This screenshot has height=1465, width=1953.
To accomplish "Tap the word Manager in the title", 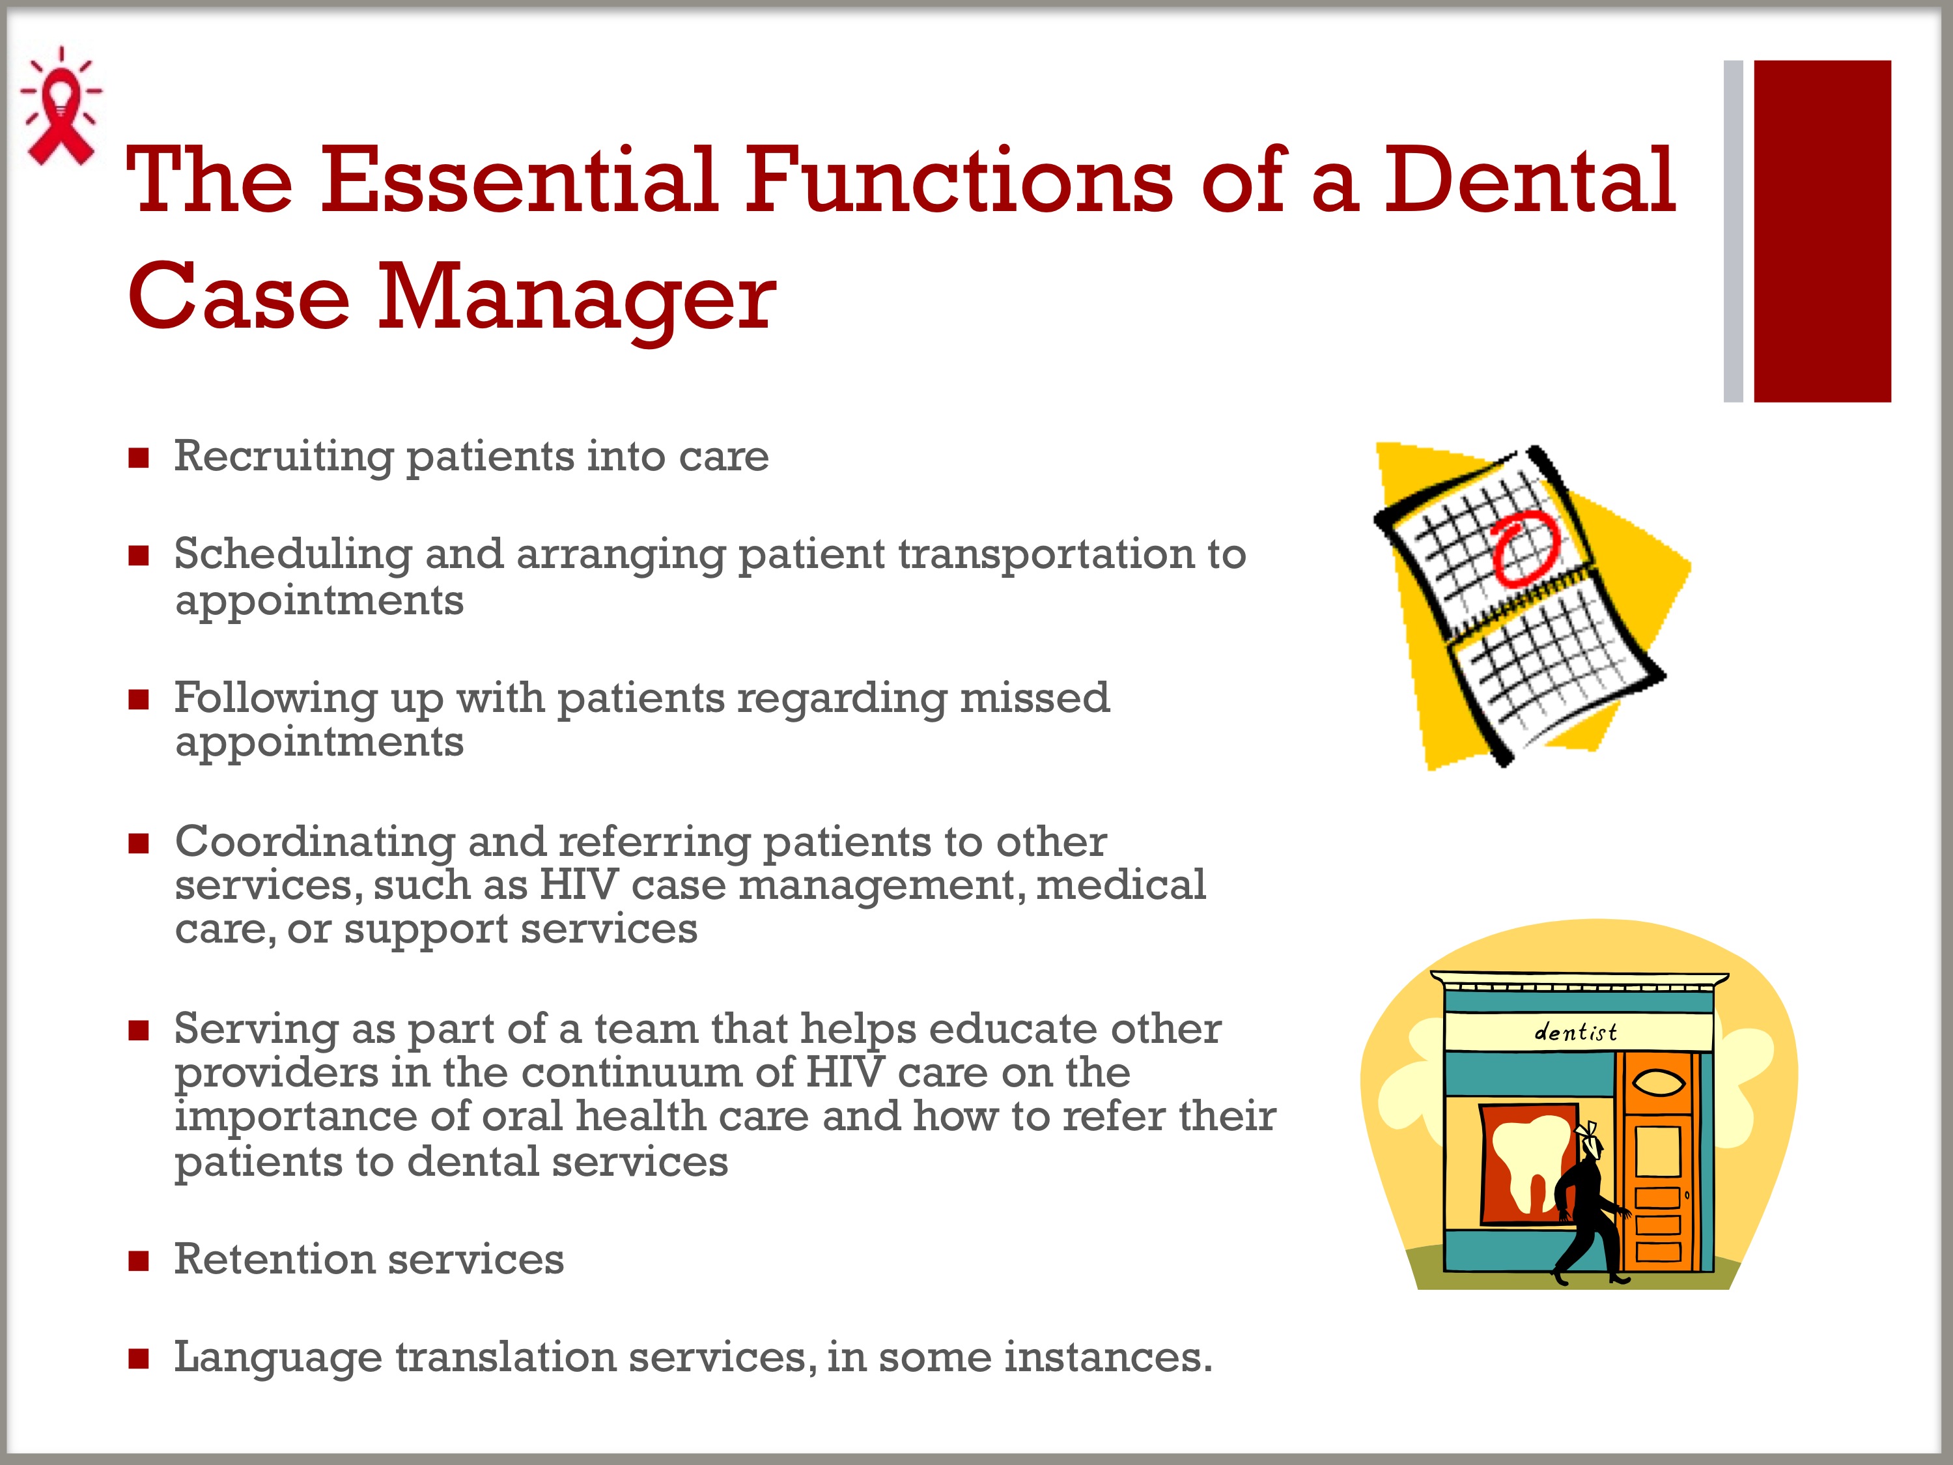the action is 578,300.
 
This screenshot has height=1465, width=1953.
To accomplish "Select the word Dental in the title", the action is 1528,180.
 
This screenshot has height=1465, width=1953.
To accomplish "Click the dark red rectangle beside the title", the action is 1822,231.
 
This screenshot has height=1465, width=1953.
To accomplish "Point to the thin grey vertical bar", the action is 1733,231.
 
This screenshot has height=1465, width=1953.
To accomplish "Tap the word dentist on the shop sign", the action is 1575,1031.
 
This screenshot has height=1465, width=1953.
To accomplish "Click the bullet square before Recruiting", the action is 138,459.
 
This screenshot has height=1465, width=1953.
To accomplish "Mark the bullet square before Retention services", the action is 138,1261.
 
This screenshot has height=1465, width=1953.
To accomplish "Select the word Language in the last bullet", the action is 278,1359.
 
